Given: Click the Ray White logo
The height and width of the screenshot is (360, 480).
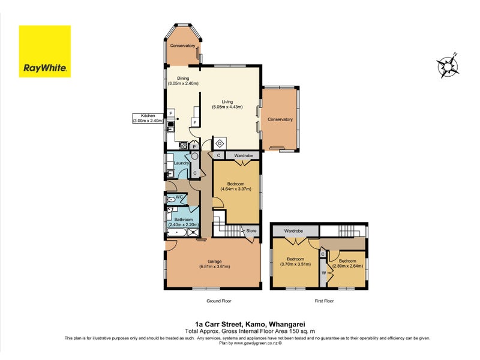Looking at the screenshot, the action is click(45, 52).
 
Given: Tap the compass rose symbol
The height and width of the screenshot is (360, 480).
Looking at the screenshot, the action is click(448, 65).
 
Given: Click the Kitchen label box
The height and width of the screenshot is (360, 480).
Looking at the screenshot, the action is click(148, 118).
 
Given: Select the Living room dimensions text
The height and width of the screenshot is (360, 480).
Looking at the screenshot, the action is click(227, 107).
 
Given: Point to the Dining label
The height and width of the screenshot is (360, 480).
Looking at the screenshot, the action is click(183, 79).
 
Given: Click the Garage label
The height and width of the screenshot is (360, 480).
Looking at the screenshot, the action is click(215, 262).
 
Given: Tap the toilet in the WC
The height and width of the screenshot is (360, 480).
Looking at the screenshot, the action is click(171, 200).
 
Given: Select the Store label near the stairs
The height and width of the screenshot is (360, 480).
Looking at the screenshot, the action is click(251, 231).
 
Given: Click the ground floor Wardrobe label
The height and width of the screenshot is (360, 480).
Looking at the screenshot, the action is click(244, 155).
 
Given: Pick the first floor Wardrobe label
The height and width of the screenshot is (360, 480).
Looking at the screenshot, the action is click(293, 231).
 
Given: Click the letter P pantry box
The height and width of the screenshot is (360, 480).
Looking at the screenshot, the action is click(194, 146).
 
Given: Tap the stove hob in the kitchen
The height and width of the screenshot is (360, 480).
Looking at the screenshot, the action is click(184, 145).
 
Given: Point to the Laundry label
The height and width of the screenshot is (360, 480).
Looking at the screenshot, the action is click(181, 163).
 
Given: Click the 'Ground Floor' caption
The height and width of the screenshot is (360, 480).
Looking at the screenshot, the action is click(219, 301).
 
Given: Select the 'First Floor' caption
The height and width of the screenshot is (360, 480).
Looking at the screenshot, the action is click(324, 301).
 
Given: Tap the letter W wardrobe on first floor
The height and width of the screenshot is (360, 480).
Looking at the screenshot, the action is click(323, 273).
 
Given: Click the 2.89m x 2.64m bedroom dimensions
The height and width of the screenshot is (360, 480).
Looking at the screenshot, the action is click(347, 266).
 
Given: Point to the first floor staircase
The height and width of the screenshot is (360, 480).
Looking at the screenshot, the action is click(347, 230).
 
